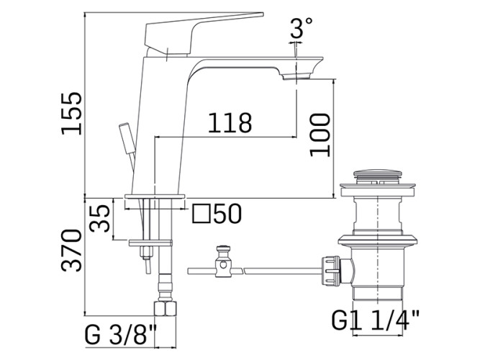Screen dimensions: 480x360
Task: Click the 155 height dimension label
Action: coord(72,113)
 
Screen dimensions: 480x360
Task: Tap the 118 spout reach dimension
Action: coord(230,123)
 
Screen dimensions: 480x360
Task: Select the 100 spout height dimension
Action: coord(320,135)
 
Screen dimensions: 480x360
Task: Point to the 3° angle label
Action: coord(302,27)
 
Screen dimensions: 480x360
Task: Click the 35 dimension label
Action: coord(99,218)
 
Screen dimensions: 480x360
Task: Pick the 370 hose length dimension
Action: coord(72,250)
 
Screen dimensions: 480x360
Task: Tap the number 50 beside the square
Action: coord(227,213)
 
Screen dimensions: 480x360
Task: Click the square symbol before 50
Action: coord(201,214)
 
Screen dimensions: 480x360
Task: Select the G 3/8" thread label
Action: coord(120,334)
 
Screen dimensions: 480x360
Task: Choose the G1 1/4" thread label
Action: coord(376,320)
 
